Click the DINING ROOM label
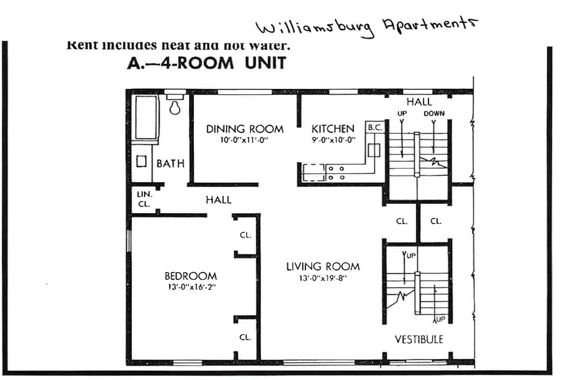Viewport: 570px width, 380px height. click(245, 129)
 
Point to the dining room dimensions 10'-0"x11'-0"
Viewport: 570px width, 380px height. click(244, 140)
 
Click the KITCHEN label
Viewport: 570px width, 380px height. click(333, 129)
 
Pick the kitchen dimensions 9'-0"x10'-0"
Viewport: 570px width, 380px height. click(334, 140)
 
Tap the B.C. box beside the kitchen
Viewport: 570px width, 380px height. click(375, 128)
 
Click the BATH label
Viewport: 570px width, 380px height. click(170, 164)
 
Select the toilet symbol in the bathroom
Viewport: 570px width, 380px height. click(175, 107)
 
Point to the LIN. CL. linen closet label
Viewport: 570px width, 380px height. click(144, 199)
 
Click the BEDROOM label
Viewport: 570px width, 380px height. click(190, 276)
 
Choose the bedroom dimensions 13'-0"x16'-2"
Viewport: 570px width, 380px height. click(192, 287)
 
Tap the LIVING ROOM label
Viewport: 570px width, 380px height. click(323, 267)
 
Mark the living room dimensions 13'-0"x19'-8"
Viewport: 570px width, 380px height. click(323, 278)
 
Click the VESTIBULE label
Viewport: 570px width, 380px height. click(419, 339)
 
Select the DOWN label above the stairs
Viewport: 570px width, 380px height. click(434, 113)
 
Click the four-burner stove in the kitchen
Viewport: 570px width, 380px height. click(336, 173)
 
